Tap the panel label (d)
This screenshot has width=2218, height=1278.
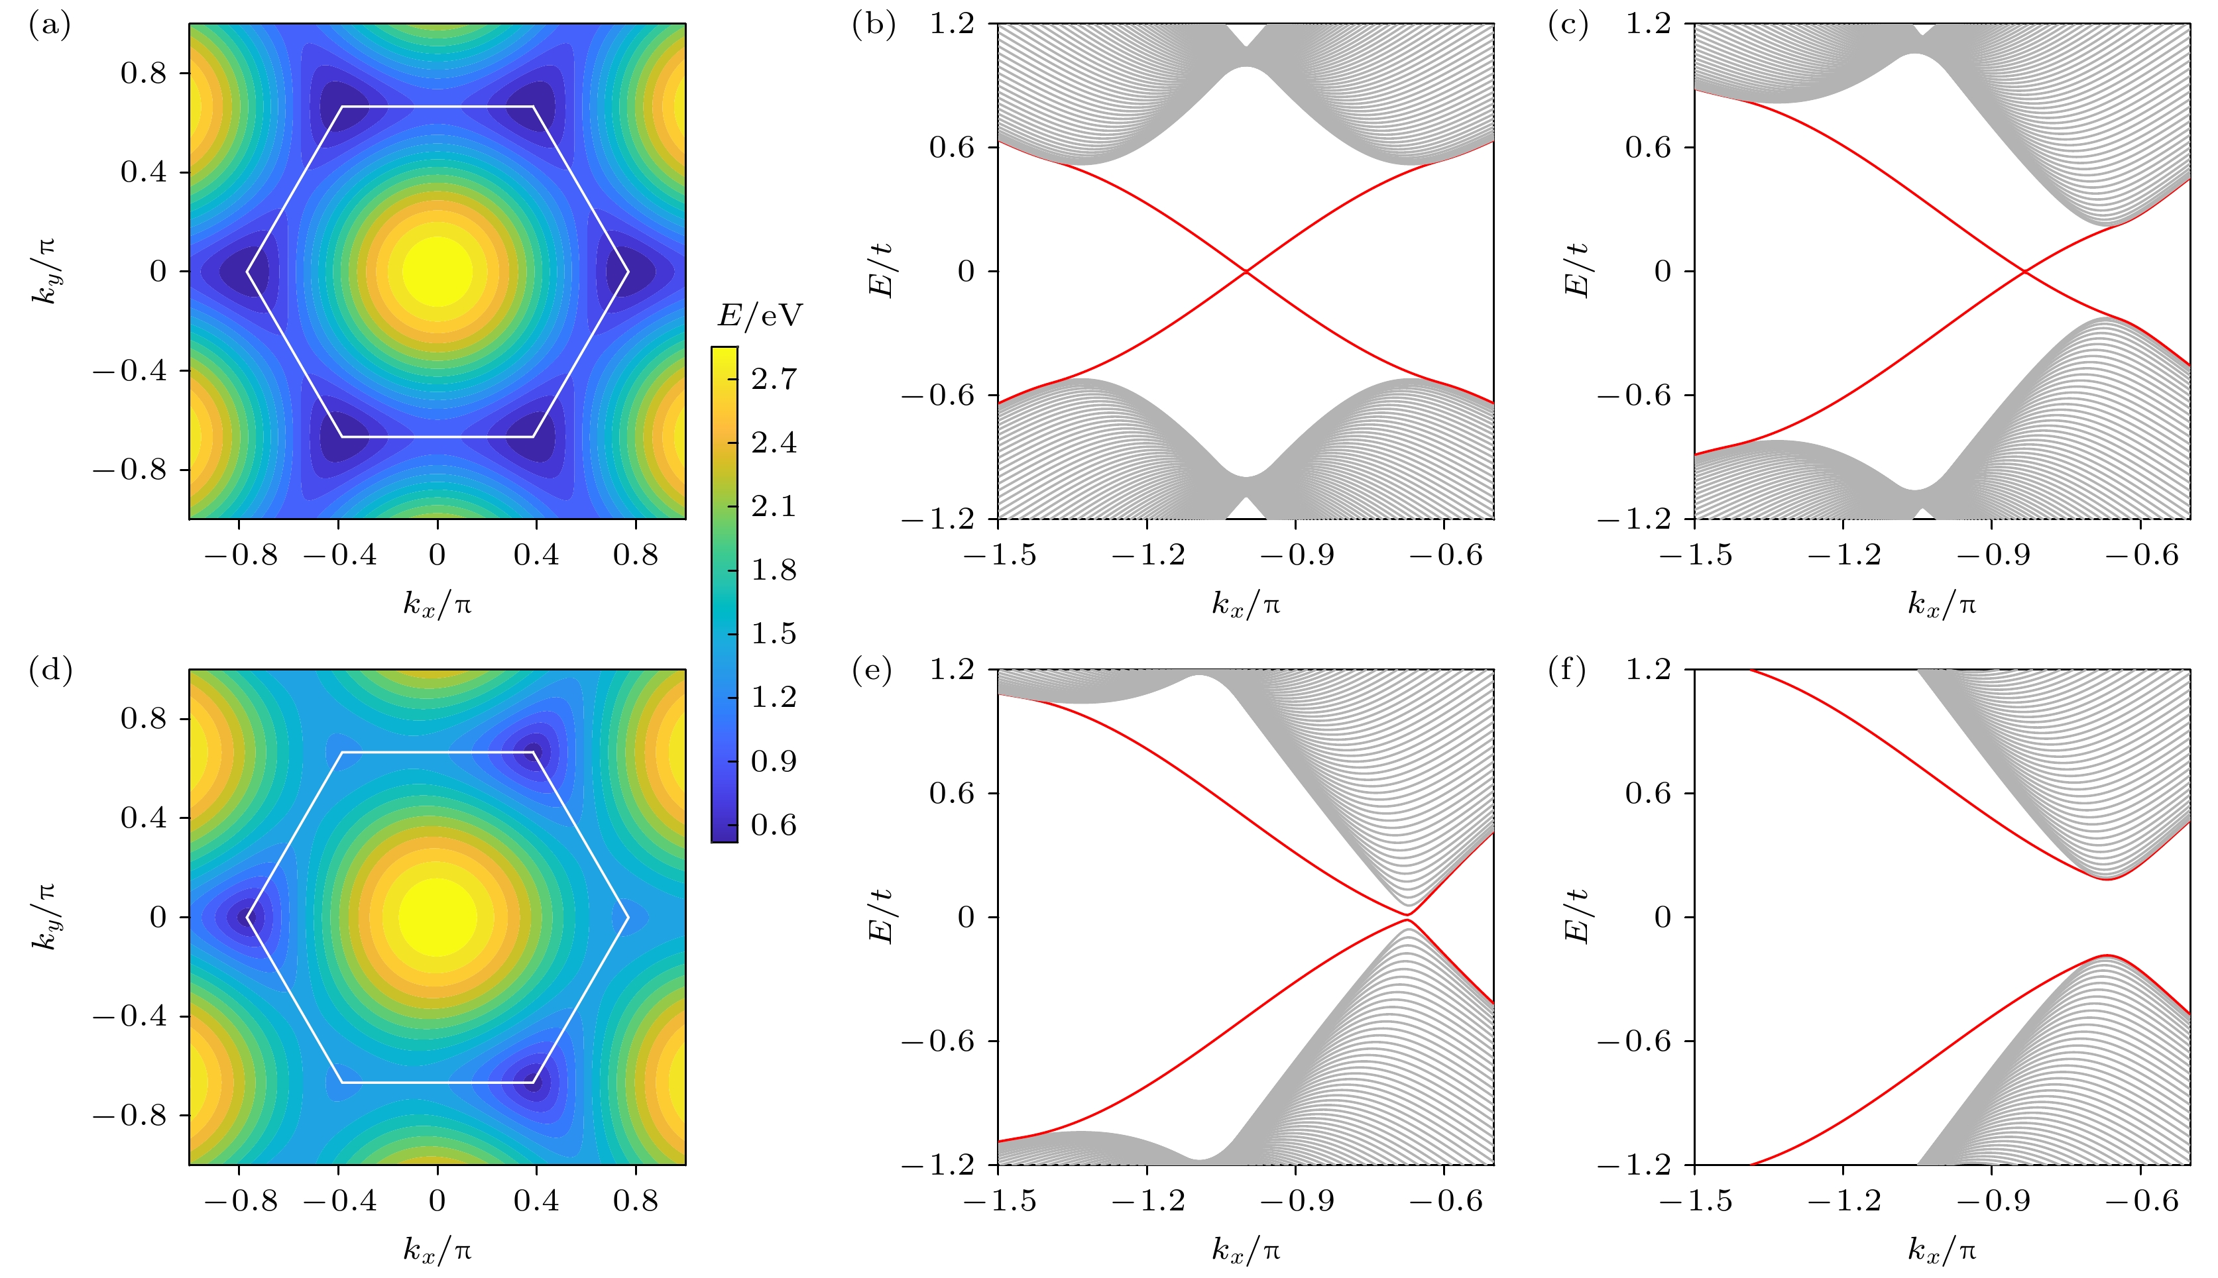tap(50, 670)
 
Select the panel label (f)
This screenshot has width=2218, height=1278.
tap(1567, 670)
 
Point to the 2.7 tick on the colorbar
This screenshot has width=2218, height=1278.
tap(774, 379)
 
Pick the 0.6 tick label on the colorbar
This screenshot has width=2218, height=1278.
tap(774, 825)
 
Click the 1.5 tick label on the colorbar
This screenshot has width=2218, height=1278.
tap(774, 634)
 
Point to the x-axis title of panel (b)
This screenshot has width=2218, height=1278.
tap(1246, 604)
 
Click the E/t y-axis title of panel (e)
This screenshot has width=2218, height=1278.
tap(881, 916)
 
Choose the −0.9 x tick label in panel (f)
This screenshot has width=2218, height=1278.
tap(1991, 1200)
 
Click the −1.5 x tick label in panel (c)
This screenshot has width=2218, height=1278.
tap(1695, 555)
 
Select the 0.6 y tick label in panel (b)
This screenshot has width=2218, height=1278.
tap(952, 148)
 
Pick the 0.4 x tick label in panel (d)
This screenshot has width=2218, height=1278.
tap(536, 1200)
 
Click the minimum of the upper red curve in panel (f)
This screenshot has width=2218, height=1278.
tap(2107, 879)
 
